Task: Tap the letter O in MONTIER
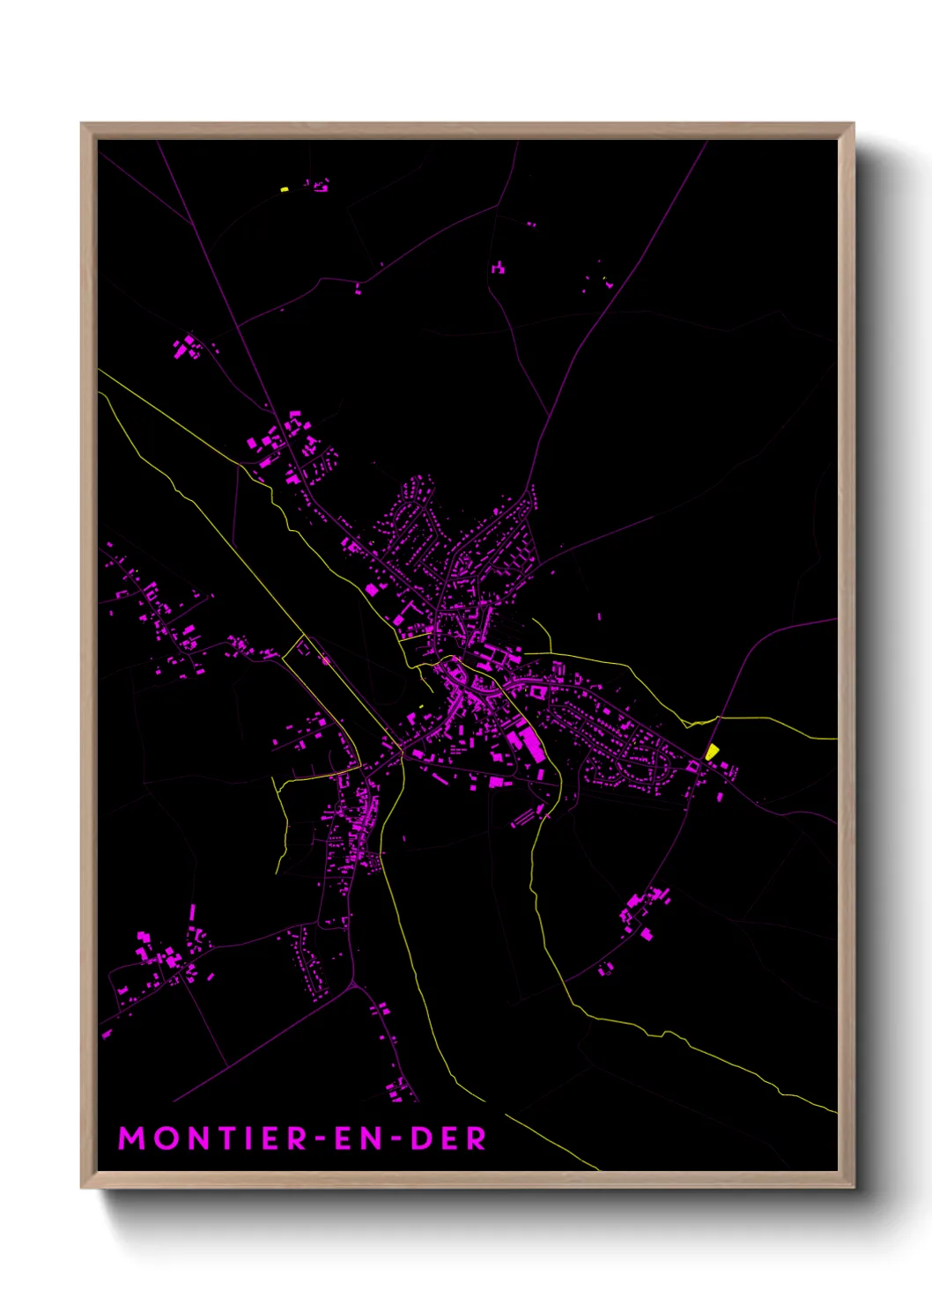tap(165, 1138)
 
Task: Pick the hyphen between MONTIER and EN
tap(325, 1139)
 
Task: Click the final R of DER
tap(477, 1138)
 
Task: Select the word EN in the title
tap(360, 1138)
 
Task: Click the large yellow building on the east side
tap(712, 752)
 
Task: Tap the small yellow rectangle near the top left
tap(285, 188)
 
